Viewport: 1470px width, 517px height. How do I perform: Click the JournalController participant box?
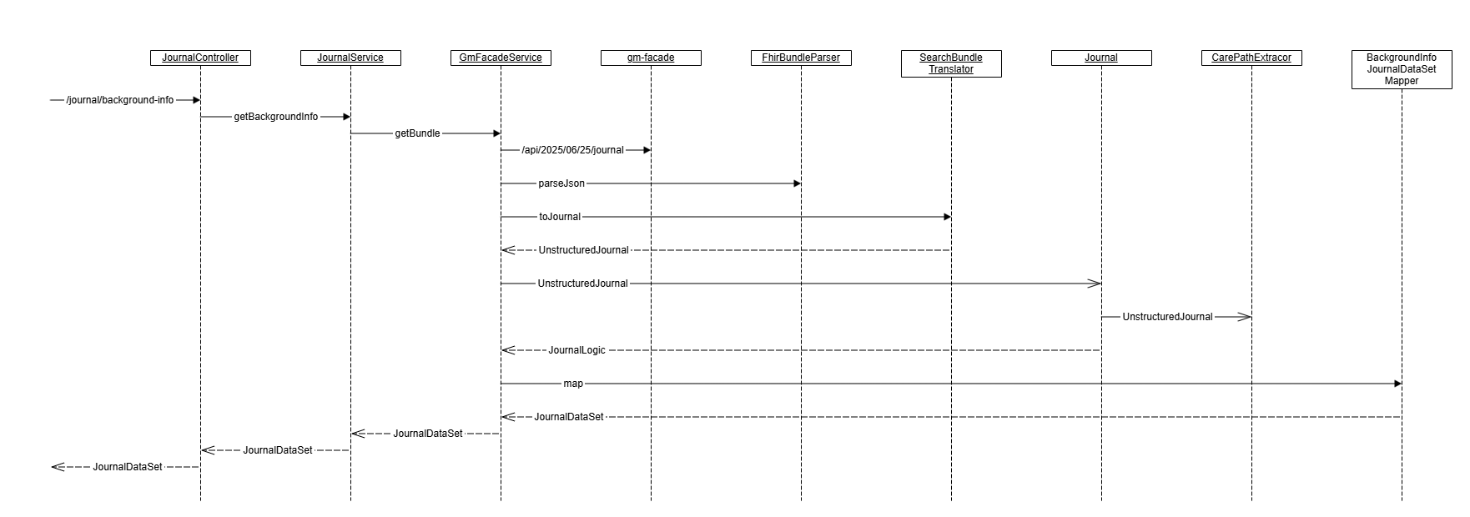click(200, 58)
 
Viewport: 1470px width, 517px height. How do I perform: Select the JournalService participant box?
click(350, 58)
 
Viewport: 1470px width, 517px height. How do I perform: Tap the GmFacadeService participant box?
click(501, 58)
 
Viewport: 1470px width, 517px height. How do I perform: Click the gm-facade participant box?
click(651, 58)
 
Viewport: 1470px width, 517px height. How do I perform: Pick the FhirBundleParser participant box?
click(801, 58)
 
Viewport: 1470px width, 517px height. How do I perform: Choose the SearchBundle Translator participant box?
click(951, 63)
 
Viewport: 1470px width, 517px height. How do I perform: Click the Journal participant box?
click(1101, 58)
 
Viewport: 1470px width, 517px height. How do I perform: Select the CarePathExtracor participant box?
click(1251, 58)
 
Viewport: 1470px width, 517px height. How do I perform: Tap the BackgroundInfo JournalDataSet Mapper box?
click(1402, 69)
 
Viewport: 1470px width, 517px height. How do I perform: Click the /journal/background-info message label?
click(120, 100)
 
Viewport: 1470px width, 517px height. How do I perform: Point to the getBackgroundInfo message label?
click(275, 117)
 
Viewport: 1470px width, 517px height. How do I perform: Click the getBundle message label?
click(417, 133)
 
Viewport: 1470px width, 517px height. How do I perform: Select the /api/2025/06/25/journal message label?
click(572, 150)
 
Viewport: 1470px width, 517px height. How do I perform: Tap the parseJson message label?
click(561, 183)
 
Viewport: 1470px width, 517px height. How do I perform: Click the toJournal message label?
click(560, 217)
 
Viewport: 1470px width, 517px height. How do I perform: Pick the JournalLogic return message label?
click(576, 350)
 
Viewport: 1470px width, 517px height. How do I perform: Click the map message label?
click(573, 384)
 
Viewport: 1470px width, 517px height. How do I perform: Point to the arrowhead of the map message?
click(1397, 384)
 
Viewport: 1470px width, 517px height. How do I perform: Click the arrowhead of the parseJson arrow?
click(797, 183)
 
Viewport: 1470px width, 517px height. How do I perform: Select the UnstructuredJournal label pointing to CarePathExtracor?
click(1167, 317)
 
